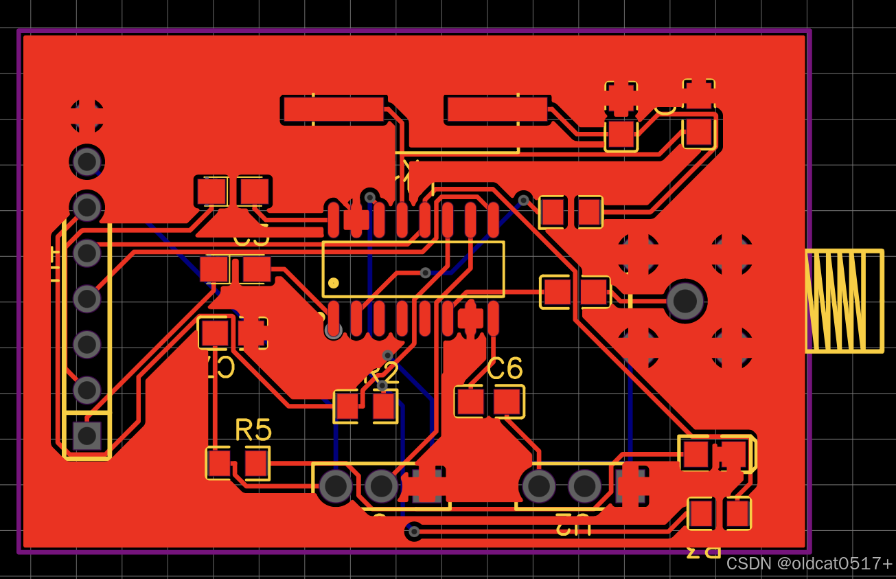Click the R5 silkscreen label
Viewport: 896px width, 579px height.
coord(253,430)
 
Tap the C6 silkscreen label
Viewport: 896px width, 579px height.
coord(505,369)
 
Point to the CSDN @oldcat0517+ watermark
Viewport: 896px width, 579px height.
coord(809,564)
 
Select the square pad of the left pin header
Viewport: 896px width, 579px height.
coord(87,436)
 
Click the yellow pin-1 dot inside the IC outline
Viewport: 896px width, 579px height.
coord(334,283)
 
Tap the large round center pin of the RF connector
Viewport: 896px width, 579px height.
coord(685,301)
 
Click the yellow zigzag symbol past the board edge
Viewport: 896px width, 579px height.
coord(845,302)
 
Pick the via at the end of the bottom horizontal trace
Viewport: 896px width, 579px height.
coord(414,531)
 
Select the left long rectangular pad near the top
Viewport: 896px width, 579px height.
coord(333,110)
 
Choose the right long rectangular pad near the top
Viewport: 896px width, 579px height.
coord(496,110)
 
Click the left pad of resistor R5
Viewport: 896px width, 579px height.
coord(219,463)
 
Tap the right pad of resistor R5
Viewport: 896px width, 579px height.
coord(257,463)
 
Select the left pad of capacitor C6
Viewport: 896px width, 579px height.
coord(470,402)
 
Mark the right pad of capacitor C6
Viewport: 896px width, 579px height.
coord(508,402)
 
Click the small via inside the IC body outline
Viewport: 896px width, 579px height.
coord(426,273)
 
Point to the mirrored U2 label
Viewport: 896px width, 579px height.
coord(573,525)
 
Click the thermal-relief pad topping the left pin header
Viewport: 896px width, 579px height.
coord(87,115)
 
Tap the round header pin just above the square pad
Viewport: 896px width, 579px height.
coord(87,390)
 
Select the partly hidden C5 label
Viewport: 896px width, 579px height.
coord(251,238)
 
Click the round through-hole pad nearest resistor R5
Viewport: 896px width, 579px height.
coord(336,486)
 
